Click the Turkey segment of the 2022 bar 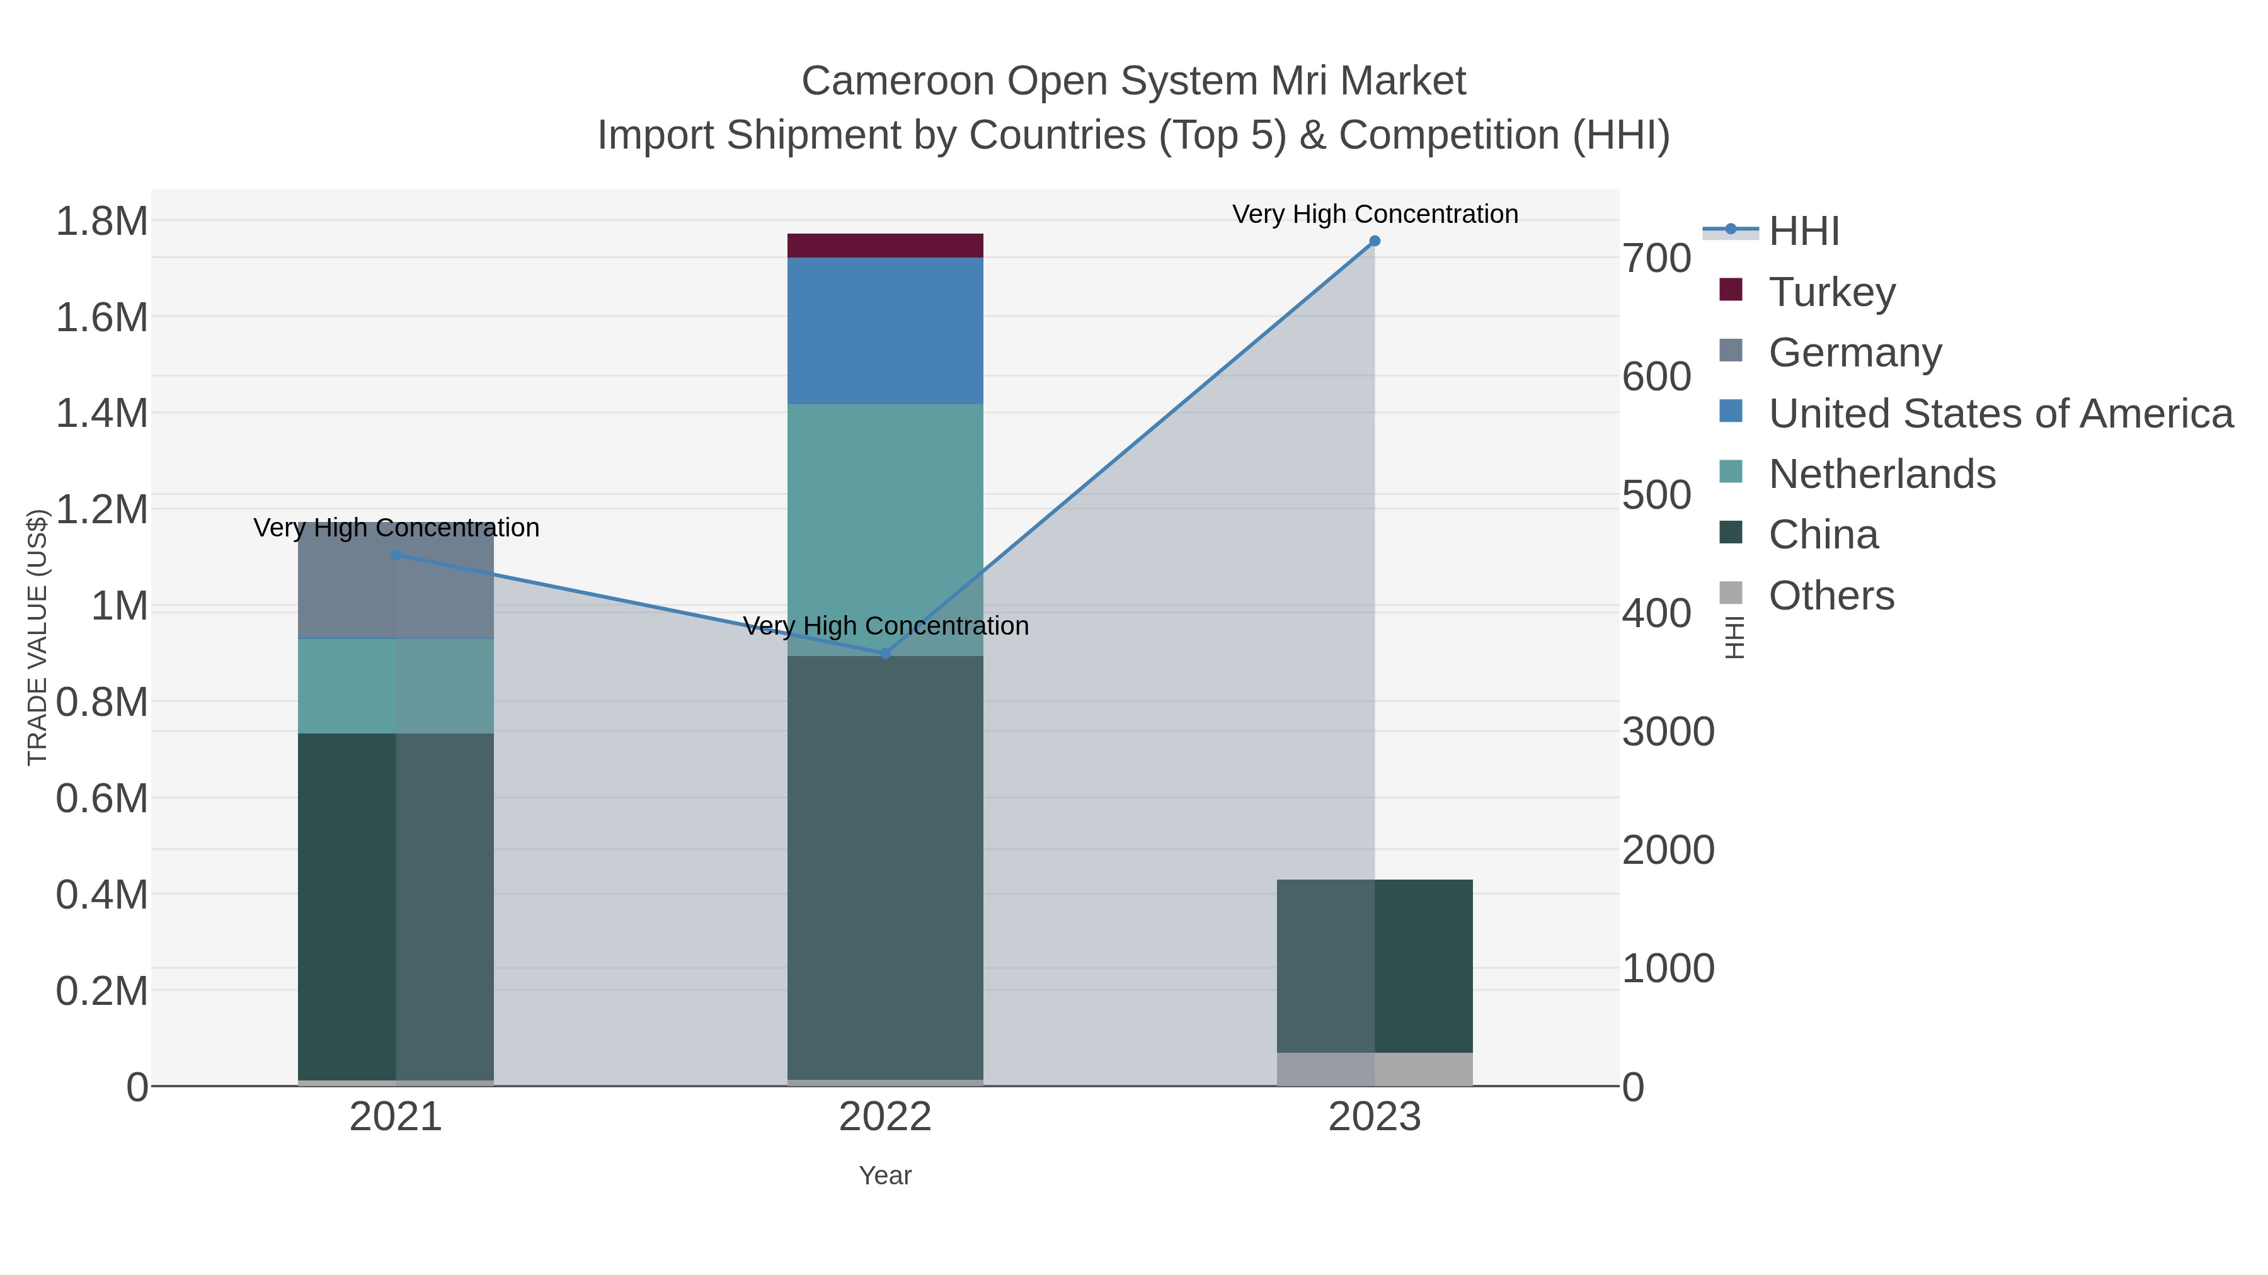(x=885, y=246)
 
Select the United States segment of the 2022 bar (x=885, y=331)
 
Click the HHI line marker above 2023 (x=1375, y=241)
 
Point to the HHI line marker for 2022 (x=886, y=654)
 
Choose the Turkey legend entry (x=1831, y=292)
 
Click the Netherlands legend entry (x=1881, y=474)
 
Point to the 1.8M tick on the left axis (x=102, y=221)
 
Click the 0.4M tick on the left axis (x=102, y=895)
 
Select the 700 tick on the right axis (x=1657, y=259)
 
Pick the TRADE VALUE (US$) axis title (x=37, y=637)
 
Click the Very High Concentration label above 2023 (x=1375, y=215)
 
